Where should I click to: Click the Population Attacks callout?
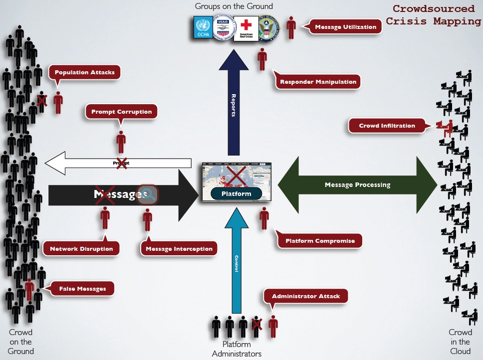(84, 72)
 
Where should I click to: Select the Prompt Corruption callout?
(121, 112)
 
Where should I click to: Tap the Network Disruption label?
(81, 248)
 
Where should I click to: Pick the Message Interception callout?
(179, 248)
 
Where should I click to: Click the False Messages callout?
(82, 288)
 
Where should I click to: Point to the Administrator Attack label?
(305, 296)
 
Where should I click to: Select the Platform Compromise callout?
(320, 241)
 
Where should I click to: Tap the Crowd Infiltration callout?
(387, 126)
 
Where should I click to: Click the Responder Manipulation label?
(318, 82)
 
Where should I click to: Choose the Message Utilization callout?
(345, 27)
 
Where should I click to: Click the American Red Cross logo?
(245, 28)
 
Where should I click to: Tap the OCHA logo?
(203, 28)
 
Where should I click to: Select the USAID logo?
(224, 28)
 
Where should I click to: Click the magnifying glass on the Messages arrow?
(148, 194)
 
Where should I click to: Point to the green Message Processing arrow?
(357, 185)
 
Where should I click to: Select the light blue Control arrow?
(237, 264)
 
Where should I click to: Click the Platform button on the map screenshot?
(237, 193)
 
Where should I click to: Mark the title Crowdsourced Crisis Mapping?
(433, 15)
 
